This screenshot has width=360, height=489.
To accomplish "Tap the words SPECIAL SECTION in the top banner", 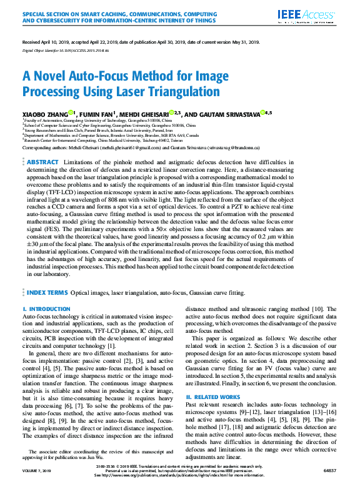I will (x=44, y=11).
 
